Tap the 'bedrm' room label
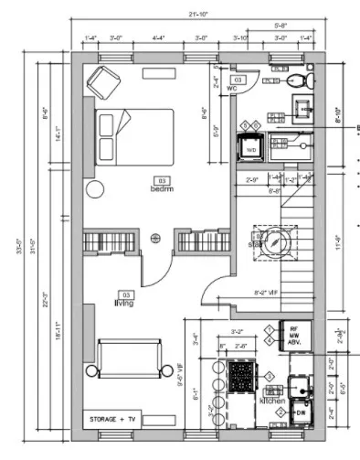pyautogui.click(x=163, y=188)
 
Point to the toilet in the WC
pyautogui.click(x=298, y=81)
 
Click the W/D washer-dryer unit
pyautogui.click(x=250, y=146)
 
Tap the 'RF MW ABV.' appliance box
pyautogui.click(x=295, y=336)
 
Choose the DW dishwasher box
pyautogui.click(x=301, y=413)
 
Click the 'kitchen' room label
pyautogui.click(x=272, y=401)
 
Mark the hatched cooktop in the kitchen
pyautogui.click(x=242, y=375)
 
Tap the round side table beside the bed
pyautogui.click(x=95, y=189)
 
